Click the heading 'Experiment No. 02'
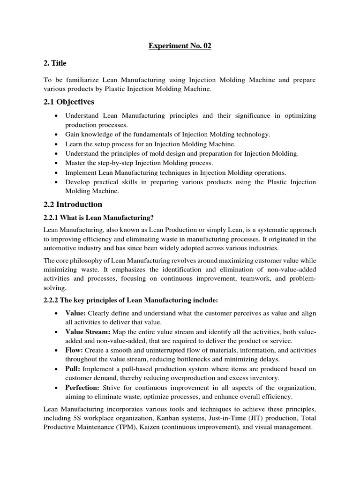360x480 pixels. [x=180, y=46]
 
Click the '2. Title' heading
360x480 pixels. [x=55, y=63]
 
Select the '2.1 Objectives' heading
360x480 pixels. [x=68, y=102]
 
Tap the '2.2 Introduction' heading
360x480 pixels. [x=72, y=204]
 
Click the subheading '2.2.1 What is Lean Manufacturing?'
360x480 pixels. [x=98, y=217]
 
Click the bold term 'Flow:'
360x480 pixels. [x=75, y=350]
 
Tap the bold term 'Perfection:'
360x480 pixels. [x=82, y=387]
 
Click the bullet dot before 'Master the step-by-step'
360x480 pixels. [x=57, y=163]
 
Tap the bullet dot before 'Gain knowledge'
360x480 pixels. [x=57, y=135]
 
